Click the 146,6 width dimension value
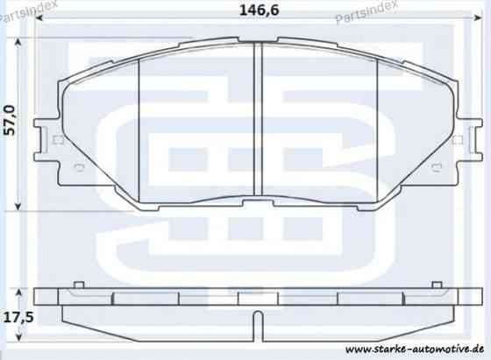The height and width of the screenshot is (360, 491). coord(259,11)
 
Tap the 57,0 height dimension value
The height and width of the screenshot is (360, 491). coord(10,120)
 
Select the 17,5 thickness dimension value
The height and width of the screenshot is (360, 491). coord(18,318)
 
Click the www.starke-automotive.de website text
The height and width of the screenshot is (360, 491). coord(414,349)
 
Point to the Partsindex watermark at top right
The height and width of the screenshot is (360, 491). coord(366,11)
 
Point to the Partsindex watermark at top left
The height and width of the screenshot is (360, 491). coord(29,11)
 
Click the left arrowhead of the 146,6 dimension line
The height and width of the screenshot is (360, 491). coord(39,18)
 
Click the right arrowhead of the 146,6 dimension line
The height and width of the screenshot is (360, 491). coord(478,18)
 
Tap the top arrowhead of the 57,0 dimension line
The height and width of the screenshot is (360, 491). coord(18,42)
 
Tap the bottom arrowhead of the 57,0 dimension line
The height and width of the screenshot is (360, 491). coord(18,206)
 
